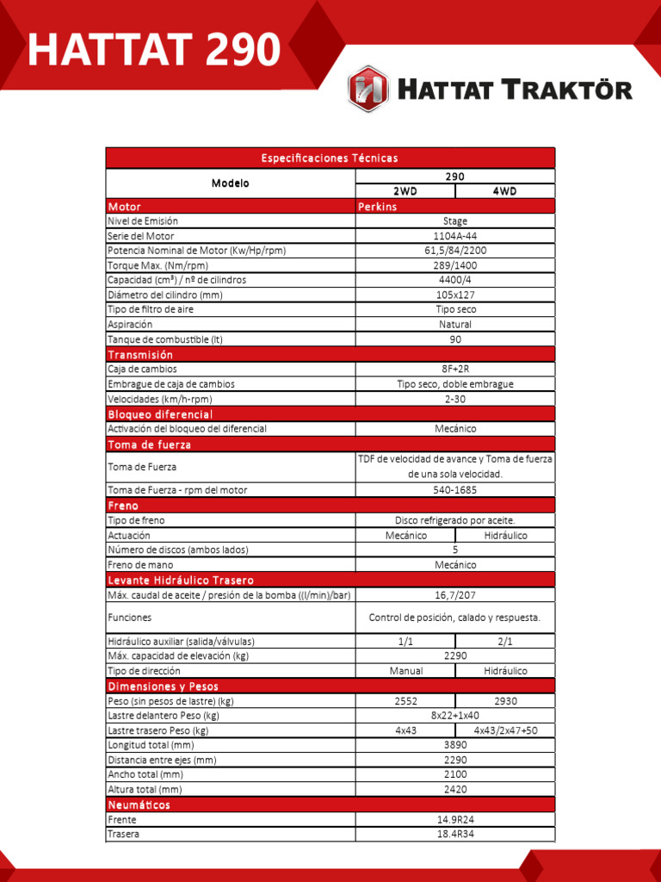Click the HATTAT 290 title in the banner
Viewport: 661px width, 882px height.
[153, 50]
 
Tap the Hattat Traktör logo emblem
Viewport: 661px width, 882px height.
[368, 89]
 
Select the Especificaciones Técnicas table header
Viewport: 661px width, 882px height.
[330, 158]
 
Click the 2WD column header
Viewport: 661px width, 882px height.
[405, 191]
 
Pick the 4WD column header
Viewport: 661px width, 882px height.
[505, 191]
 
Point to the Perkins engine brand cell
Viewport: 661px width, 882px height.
[378, 207]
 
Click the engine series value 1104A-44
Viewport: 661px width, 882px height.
[455, 236]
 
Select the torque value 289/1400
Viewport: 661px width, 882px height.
[455, 265]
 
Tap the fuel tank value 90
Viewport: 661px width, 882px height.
[455, 339]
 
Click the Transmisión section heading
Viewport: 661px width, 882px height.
[140, 354]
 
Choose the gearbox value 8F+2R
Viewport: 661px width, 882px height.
[455, 369]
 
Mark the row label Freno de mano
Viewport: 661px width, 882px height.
[139, 565]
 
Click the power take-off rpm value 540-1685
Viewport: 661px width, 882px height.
[455, 490]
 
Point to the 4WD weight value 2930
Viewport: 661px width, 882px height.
[505, 701]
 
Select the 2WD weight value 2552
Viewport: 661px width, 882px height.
[405, 701]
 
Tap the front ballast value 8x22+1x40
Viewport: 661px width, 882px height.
[455, 716]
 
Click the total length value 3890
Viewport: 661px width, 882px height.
[455, 745]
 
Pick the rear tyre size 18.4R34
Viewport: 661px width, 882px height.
[455, 835]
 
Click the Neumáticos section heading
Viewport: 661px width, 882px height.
[139, 804]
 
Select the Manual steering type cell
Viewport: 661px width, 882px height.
[405, 671]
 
